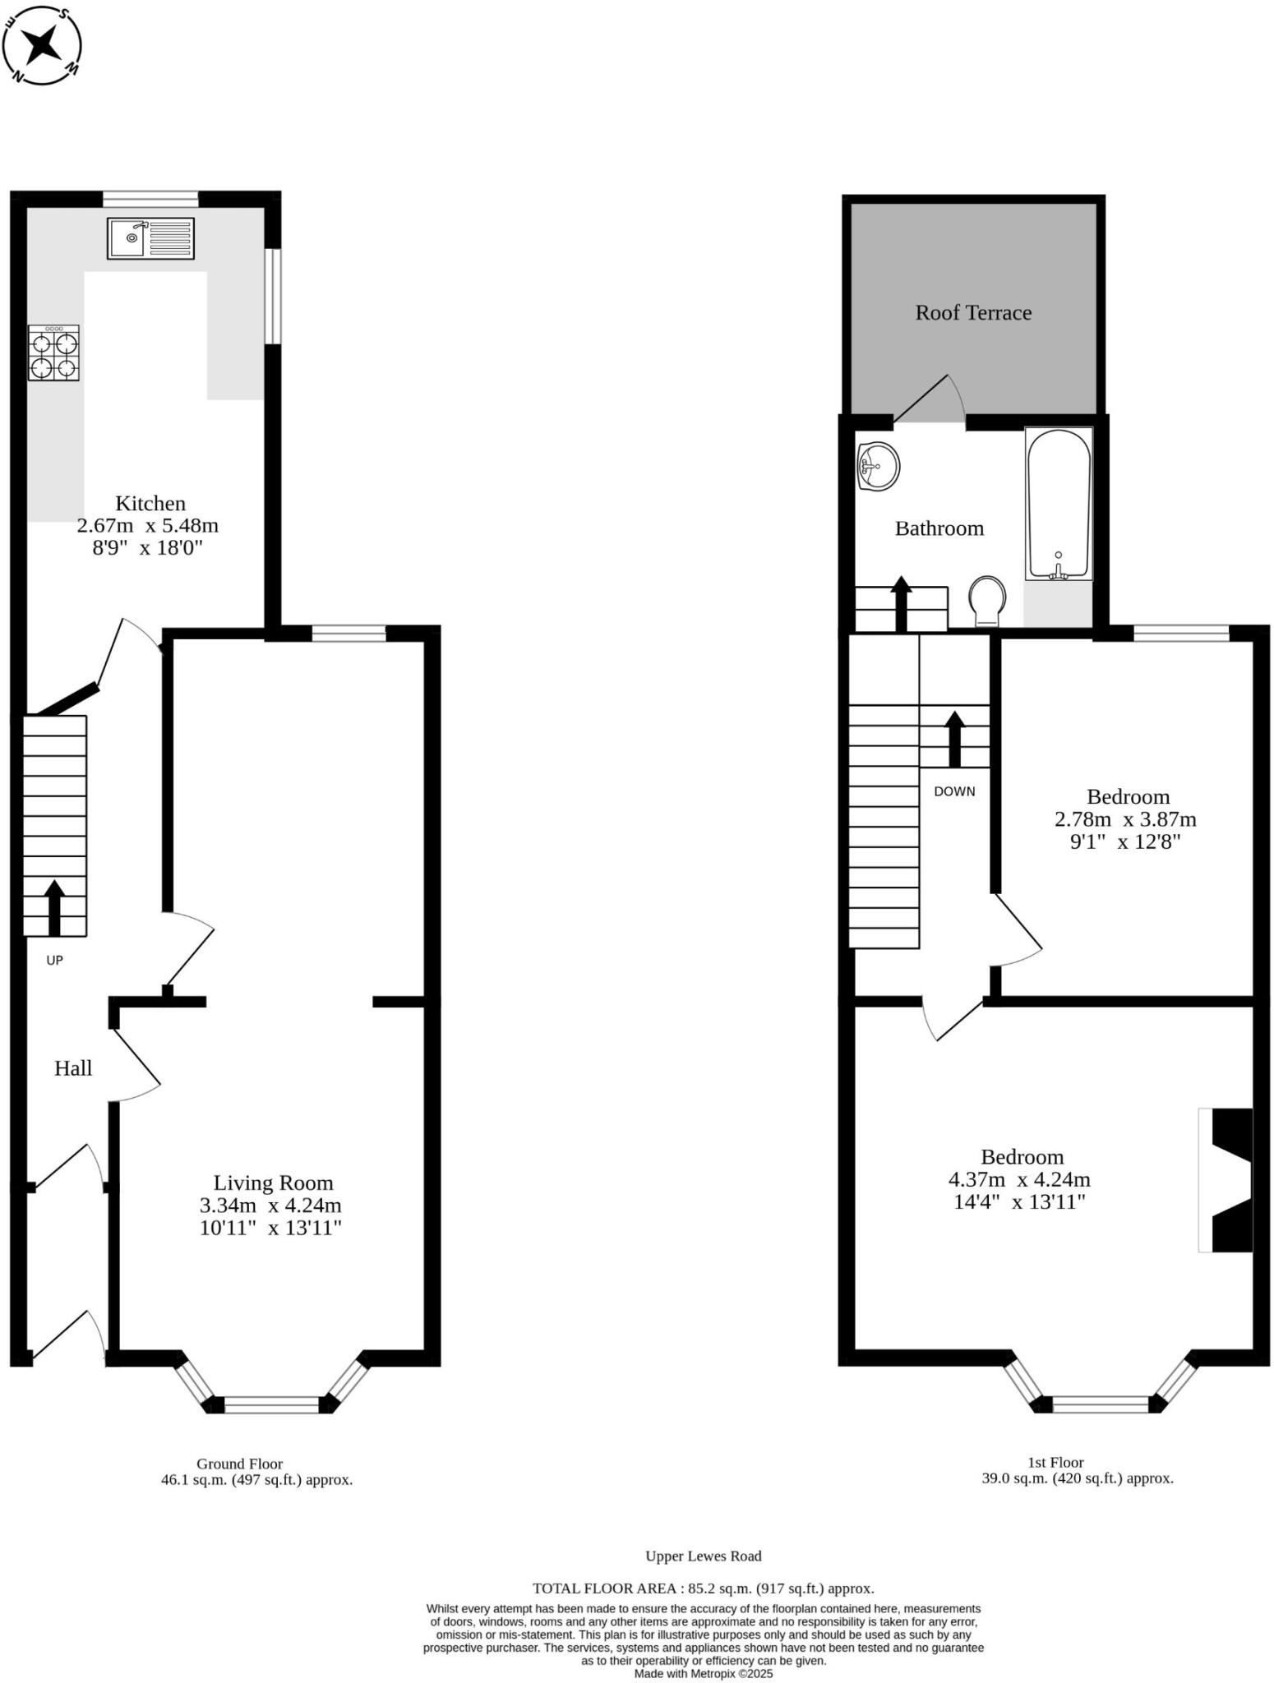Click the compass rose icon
41,44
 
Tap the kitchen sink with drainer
150,238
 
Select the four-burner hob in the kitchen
54,353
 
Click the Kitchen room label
150,503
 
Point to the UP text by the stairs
54,960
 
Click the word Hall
73,1068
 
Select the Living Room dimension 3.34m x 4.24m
270,1206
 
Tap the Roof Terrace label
973,312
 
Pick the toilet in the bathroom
986,600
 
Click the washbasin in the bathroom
878,467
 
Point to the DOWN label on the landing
954,791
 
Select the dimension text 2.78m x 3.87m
1125,819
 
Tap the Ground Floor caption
239,1464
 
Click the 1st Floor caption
1055,1462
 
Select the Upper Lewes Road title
703,1556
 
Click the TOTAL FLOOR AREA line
703,1588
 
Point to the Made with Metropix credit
703,1673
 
